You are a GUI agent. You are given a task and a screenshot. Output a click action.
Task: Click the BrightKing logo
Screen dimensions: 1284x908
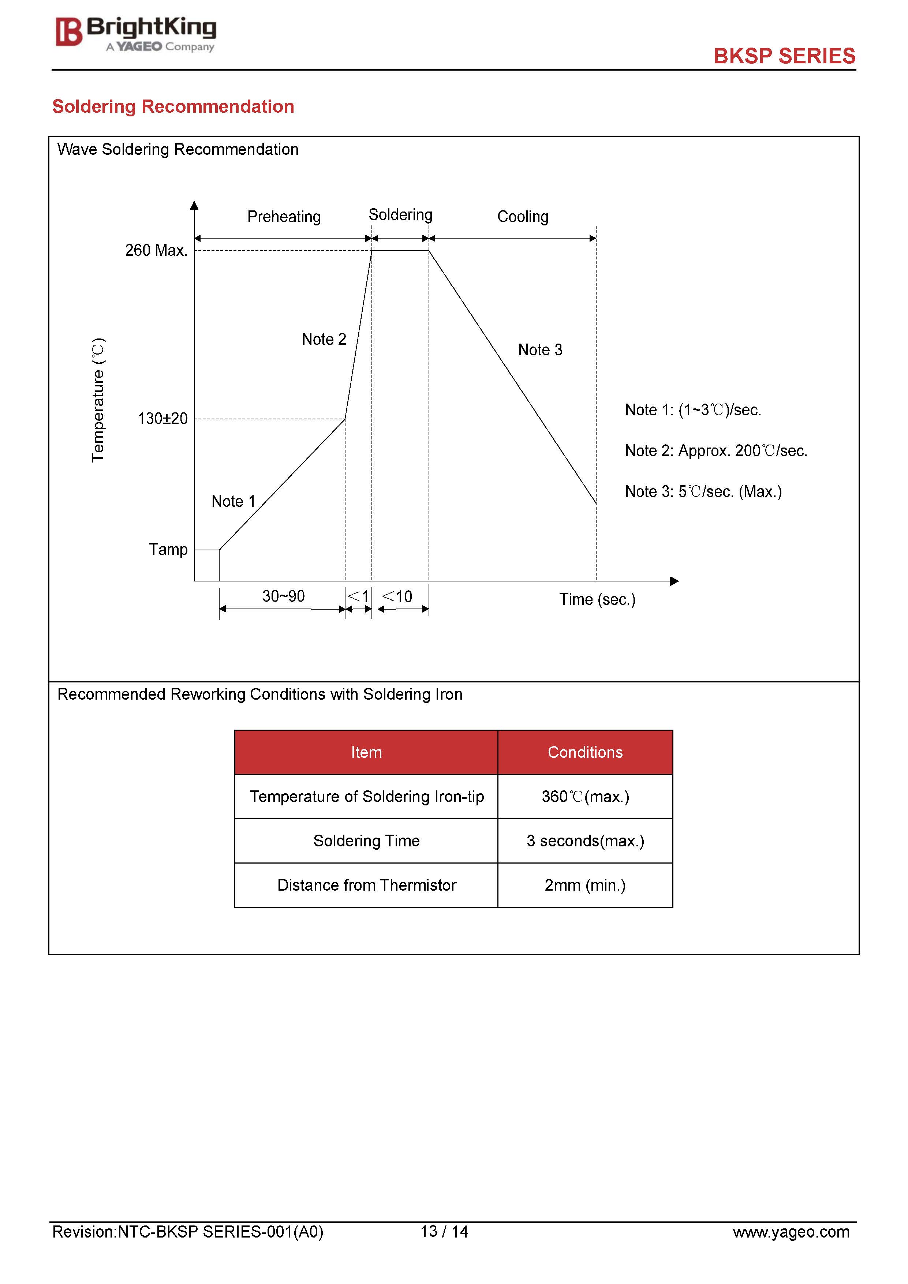(x=135, y=34)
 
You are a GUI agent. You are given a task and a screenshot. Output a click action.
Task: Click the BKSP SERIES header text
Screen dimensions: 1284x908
(x=784, y=56)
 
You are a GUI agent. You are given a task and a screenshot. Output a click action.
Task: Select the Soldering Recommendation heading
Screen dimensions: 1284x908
(x=173, y=106)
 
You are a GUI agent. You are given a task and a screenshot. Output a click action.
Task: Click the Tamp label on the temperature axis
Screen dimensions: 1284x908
(x=168, y=549)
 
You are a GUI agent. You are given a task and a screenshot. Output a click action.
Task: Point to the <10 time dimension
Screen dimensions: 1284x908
(x=397, y=597)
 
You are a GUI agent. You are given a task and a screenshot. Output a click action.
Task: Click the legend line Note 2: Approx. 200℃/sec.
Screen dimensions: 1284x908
(x=715, y=451)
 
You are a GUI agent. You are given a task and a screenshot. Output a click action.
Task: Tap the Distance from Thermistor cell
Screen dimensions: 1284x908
(x=366, y=885)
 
